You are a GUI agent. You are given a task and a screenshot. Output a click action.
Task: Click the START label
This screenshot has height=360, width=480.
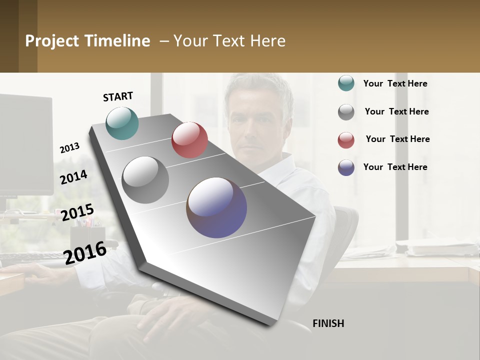118,96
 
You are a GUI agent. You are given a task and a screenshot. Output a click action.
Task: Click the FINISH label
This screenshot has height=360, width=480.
328,323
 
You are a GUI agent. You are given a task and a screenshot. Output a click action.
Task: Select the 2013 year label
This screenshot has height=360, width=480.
69,148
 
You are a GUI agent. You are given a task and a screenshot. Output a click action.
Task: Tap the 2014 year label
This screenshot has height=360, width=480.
73,177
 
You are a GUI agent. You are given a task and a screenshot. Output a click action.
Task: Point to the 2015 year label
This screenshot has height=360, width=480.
77,212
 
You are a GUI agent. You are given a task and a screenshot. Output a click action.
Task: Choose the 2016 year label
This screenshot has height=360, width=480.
85,252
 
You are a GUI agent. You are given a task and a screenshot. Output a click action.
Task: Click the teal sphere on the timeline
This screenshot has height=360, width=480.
122,123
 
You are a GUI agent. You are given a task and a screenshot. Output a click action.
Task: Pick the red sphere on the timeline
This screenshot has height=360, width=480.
189,140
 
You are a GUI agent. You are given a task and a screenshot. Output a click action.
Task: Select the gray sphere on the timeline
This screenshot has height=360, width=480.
145,180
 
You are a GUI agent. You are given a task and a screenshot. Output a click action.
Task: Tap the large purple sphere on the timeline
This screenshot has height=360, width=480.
216,207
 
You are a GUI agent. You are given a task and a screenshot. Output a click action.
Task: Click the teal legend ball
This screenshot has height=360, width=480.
346,83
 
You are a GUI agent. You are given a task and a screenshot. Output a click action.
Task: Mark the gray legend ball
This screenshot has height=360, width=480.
346,112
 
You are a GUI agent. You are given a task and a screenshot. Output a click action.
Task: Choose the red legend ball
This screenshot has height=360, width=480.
346,140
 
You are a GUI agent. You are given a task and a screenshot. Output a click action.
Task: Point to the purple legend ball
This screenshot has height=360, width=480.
346,167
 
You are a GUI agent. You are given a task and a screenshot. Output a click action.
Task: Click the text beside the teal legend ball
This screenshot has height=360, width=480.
395,83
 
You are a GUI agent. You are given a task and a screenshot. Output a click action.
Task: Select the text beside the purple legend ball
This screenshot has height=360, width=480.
395,167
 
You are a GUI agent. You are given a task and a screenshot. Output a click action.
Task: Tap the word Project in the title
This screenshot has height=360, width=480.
52,41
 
